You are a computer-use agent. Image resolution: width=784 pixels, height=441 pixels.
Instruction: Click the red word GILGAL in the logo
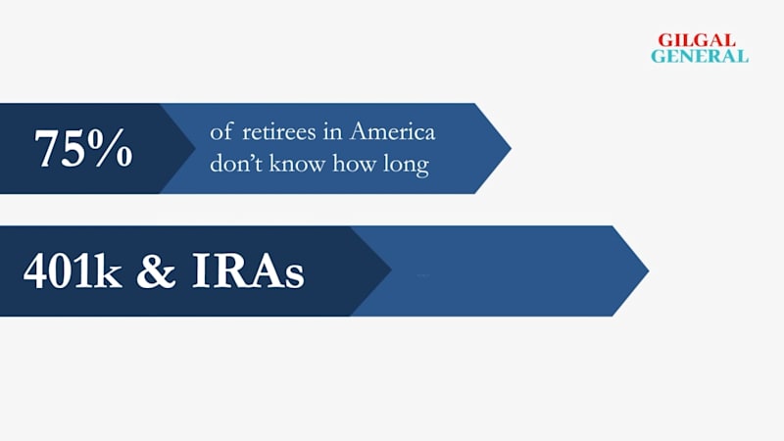pos(697,40)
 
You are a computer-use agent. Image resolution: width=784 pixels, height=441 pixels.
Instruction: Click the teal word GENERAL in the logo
pos(700,56)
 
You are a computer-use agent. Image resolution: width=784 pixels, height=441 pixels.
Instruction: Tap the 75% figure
pos(83,148)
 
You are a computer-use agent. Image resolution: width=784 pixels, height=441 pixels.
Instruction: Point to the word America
pos(393,131)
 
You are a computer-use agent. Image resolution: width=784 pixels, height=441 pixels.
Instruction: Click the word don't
pos(235,163)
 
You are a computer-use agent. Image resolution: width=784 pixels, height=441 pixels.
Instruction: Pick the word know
pos(297,163)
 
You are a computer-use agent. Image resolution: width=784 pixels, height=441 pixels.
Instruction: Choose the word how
pos(354,163)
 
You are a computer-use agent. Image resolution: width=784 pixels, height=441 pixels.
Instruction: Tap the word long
pos(406,165)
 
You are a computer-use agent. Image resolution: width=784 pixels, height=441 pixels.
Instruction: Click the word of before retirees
pos(221,131)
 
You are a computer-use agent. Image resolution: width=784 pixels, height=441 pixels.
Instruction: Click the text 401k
pos(73,270)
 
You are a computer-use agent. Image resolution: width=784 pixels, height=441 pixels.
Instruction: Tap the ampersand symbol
pos(156,270)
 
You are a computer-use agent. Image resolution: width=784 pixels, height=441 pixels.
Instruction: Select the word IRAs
pos(248,270)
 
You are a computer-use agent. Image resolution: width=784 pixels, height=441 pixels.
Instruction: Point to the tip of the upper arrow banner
pos(511,148)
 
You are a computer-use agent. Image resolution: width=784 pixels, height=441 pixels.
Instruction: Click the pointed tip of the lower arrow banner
pos(649,270)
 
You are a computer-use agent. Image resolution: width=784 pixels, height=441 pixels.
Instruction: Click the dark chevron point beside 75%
pos(195,148)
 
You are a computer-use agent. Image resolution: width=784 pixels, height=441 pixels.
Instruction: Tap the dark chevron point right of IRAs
pos(391,270)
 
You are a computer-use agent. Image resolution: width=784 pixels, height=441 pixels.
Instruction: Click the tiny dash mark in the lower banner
pos(423,275)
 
